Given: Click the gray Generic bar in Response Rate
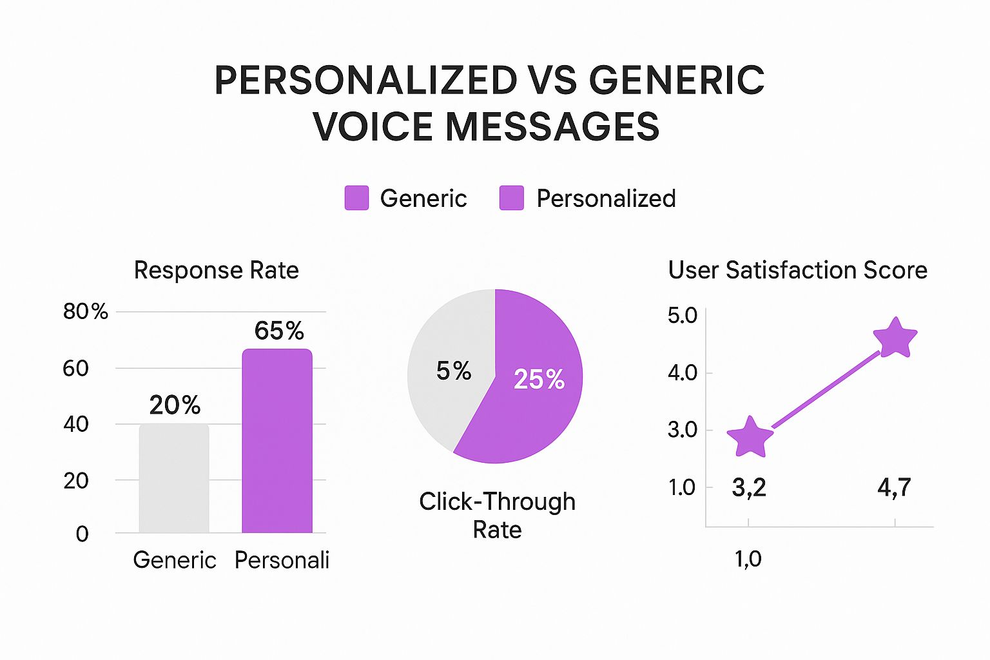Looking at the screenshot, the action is (x=174, y=478).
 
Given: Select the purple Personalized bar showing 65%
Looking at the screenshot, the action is (x=277, y=441).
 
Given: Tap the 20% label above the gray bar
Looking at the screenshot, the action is (x=175, y=405).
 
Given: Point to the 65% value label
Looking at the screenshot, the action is (x=279, y=330).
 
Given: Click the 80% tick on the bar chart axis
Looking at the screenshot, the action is (x=85, y=311).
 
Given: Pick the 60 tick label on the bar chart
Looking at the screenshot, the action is (x=75, y=368).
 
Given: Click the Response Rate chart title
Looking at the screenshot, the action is (x=217, y=269).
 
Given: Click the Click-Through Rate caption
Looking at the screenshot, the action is (x=497, y=516).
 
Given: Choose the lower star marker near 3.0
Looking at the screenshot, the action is (x=750, y=438).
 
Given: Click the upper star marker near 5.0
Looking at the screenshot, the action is (x=895, y=338).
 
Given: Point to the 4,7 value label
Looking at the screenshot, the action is (x=894, y=488).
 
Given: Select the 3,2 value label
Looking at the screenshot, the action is (x=749, y=488).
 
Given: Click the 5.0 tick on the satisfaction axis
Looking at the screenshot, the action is (x=683, y=316).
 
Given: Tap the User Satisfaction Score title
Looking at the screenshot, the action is (x=798, y=269).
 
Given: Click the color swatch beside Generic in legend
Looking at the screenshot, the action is (x=356, y=198).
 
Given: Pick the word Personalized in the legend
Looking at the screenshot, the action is (x=606, y=198).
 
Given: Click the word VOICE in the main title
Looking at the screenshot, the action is (x=373, y=126).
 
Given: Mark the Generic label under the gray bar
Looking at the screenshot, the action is (x=175, y=559).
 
